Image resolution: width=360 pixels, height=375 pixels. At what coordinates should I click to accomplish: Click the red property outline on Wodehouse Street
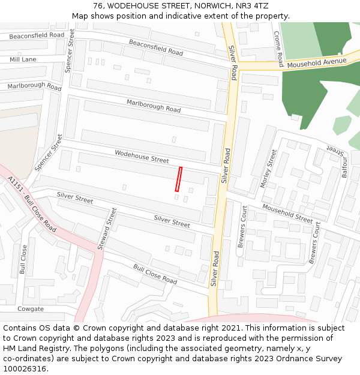pyautogui.click(x=178, y=179)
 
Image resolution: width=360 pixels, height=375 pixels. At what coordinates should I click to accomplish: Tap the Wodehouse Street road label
pyautogui.click(x=142, y=157)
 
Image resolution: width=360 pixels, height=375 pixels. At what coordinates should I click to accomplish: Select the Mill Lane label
pyautogui.click(x=23, y=59)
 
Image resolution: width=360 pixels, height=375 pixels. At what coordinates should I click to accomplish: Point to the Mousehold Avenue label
pyautogui.click(x=317, y=62)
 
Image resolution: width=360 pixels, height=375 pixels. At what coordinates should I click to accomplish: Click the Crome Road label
pyautogui.click(x=280, y=49)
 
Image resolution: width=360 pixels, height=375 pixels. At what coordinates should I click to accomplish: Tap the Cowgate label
pyautogui.click(x=31, y=309)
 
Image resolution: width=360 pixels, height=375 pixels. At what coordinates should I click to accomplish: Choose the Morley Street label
pyautogui.click(x=267, y=169)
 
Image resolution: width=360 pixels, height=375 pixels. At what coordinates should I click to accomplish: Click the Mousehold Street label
pyautogui.click(x=287, y=213)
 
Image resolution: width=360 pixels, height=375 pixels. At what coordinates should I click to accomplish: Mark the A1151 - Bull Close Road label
pyautogui.click(x=32, y=204)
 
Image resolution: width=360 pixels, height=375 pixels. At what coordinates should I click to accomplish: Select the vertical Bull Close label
pyautogui.click(x=23, y=259)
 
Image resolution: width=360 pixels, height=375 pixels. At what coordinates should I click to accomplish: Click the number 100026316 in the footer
pyautogui.click(x=25, y=368)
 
